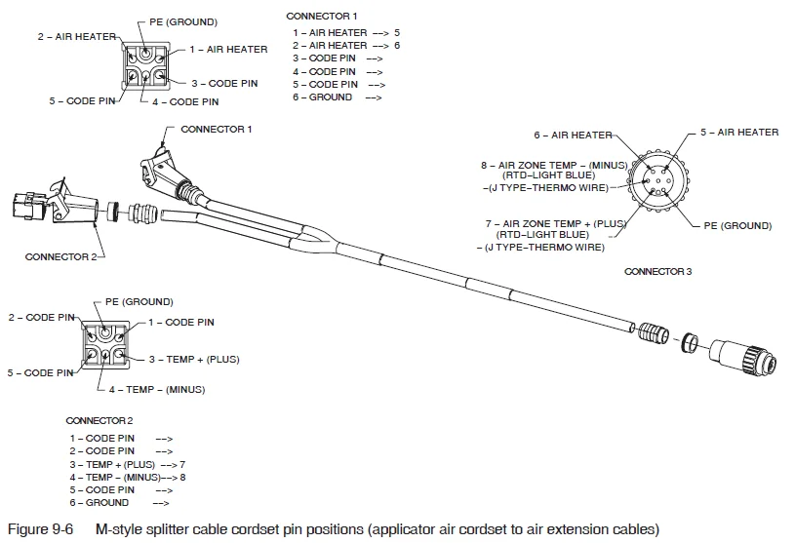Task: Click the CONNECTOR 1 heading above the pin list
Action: tap(321, 17)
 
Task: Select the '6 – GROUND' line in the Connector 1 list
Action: tap(322, 97)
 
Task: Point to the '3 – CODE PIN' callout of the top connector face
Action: tap(224, 84)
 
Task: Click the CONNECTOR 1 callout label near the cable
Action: tap(216, 129)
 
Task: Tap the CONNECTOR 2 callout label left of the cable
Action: tap(60, 257)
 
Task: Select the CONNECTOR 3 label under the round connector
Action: tap(657, 271)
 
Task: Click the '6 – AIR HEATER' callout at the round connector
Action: tap(573, 136)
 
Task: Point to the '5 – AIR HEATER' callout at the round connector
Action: tap(738, 133)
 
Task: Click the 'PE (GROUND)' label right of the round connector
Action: tap(737, 226)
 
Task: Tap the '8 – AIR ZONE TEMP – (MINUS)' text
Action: tap(555, 165)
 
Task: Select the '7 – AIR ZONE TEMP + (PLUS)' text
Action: tap(554, 223)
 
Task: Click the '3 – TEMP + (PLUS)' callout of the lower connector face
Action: tap(193, 360)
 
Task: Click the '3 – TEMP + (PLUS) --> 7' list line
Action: tap(127, 465)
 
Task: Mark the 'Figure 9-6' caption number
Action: tap(40, 529)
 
